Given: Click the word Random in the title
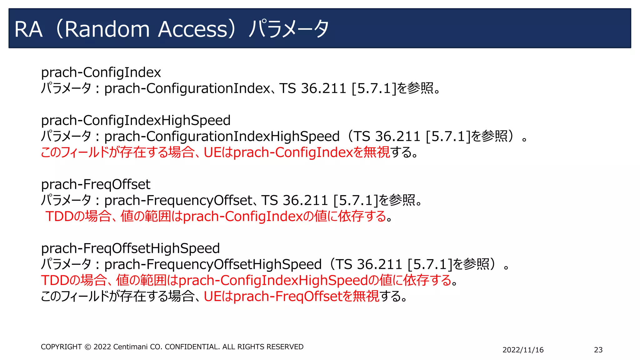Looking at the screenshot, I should pos(107,29).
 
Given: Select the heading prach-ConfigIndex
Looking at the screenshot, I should pos(101,72).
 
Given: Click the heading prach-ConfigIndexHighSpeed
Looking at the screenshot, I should pos(136,120).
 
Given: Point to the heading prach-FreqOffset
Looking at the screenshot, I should pos(96,184).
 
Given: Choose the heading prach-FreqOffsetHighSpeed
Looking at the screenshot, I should pos(130,248).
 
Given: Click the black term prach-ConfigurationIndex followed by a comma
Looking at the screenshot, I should pos(187,88).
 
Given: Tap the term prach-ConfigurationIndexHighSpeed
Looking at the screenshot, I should pos(222,137).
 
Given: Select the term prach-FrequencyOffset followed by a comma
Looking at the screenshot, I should pos(178,201).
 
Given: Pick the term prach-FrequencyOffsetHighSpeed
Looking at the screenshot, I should pos(213,265).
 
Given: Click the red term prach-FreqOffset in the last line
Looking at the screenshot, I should pos(288,297).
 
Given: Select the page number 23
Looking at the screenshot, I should pos(598,350).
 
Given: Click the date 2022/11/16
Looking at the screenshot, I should pos(523,350).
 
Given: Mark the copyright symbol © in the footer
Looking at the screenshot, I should pos(88,347).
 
